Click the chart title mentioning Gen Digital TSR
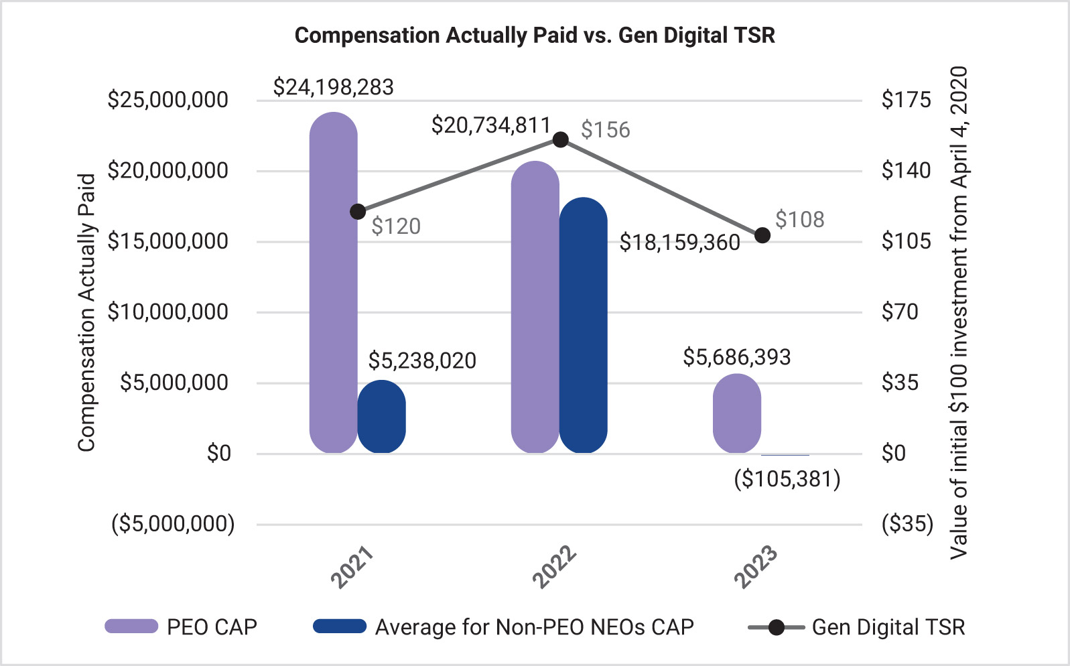tap(535, 35)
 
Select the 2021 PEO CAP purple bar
tap(333, 281)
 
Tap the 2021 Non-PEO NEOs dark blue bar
tap(381, 417)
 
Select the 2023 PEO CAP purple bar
tap(736, 413)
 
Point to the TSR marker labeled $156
tap(561, 139)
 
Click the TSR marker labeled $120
tap(358, 212)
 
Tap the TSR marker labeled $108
tap(762, 235)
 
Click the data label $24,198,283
tap(333, 87)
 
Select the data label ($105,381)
tap(787, 479)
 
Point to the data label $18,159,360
tap(679, 242)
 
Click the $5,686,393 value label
tap(736, 357)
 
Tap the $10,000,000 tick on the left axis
tap(168, 312)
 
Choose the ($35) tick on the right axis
tap(907, 523)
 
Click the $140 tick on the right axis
tap(906, 170)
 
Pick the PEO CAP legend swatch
tap(131, 626)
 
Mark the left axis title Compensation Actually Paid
tap(86, 312)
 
